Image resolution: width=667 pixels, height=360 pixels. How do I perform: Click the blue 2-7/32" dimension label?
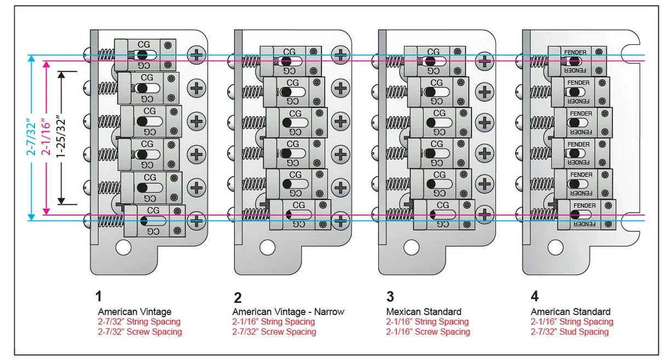[32, 138]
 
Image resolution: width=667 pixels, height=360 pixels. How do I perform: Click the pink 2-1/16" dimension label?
[47, 138]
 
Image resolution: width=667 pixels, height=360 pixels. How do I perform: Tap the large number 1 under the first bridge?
[99, 297]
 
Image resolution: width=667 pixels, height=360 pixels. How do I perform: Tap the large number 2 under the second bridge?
[237, 298]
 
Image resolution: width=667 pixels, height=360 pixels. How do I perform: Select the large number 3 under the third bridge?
[390, 297]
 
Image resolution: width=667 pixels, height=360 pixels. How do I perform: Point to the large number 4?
[534, 297]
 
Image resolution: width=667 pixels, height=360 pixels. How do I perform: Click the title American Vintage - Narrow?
[288, 312]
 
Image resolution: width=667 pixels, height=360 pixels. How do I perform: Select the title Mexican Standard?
[424, 312]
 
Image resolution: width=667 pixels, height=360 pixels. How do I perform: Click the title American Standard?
[571, 312]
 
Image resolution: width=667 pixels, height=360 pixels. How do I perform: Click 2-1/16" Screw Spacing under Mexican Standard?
[428, 332]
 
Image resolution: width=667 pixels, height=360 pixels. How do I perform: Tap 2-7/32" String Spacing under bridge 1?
[139, 322]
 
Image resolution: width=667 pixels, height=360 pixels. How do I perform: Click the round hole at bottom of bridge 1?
[123, 248]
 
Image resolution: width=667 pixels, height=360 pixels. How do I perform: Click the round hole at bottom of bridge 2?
[267, 248]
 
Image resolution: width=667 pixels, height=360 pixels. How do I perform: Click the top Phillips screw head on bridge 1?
[196, 54]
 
